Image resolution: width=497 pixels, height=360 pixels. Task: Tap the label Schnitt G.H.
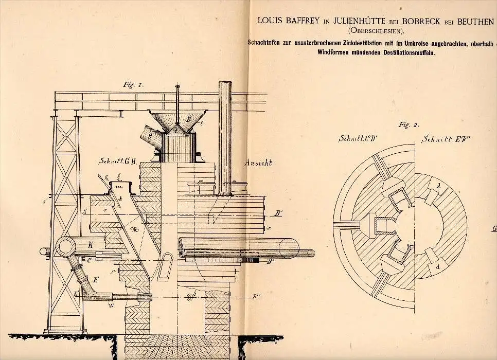click(117, 161)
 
